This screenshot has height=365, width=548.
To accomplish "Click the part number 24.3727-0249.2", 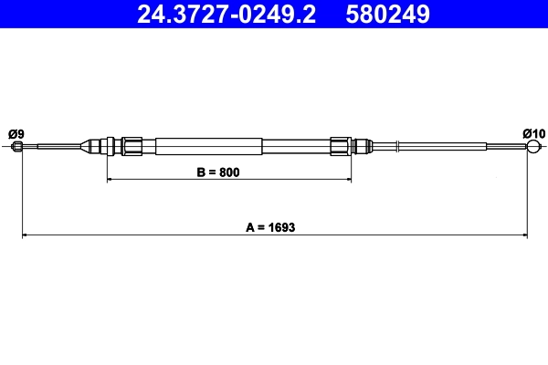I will click(224, 14).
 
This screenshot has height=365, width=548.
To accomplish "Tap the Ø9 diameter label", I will click(16, 133).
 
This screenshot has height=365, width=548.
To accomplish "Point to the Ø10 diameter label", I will click(533, 133).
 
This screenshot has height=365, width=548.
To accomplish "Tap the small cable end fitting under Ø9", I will click(17, 146).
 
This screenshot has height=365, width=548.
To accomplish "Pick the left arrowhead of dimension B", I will click(111, 181).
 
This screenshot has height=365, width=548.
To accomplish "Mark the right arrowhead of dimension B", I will click(349, 181).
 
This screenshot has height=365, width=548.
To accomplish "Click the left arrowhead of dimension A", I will click(25, 236).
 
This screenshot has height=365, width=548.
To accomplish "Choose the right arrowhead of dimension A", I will click(524, 236).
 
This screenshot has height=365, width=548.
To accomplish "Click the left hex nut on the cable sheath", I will click(132, 146).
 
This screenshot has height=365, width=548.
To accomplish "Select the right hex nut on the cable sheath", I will click(341, 146).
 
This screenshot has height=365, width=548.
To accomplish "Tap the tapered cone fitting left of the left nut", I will click(91, 146).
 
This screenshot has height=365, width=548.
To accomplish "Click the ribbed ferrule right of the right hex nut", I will click(363, 146).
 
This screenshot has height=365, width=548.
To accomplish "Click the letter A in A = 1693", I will click(248, 227).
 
